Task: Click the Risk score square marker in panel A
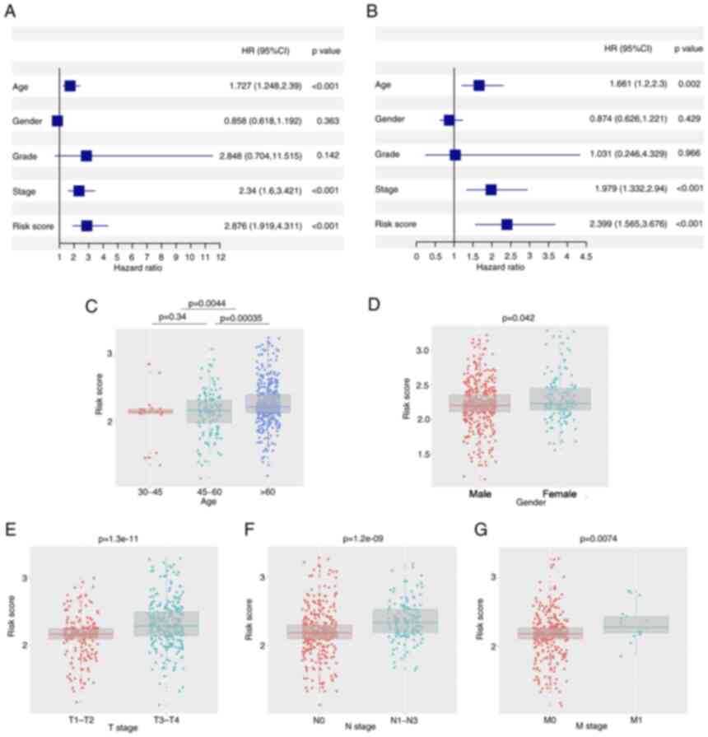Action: [86, 226]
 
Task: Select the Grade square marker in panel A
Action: [86, 156]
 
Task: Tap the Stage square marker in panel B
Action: [491, 189]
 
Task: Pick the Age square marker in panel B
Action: [479, 85]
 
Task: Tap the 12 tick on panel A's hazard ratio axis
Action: [220, 258]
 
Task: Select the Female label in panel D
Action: [558, 494]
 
